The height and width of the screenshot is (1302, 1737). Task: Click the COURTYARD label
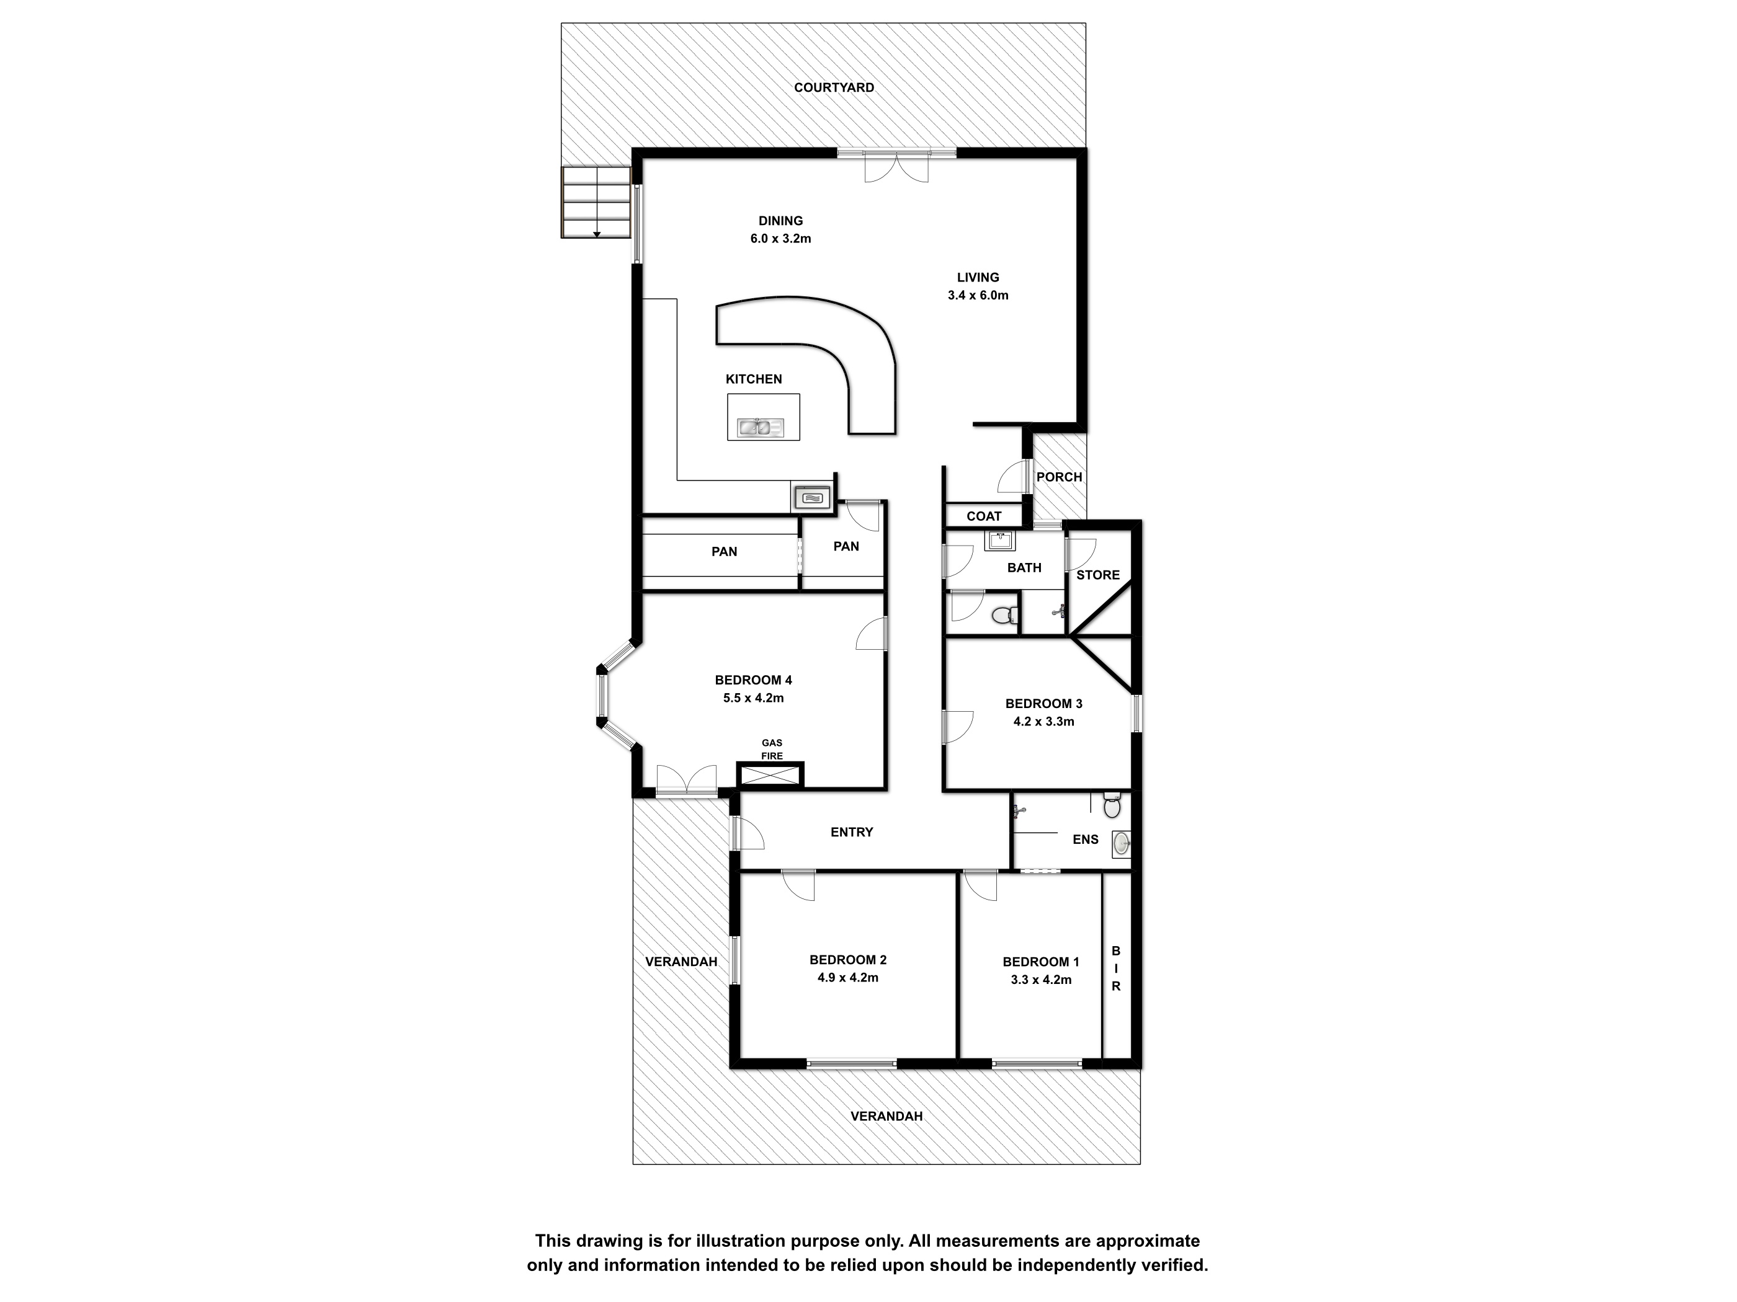[x=833, y=88]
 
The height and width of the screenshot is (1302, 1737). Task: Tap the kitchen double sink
[x=760, y=428]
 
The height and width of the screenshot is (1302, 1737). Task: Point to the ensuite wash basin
[x=1122, y=844]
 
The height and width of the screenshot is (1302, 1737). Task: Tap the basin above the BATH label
[x=999, y=540]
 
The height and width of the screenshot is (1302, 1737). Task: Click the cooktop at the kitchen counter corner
[x=811, y=497]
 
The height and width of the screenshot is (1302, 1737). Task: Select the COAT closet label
[x=984, y=516]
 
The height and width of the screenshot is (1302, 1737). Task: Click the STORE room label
[x=1098, y=575]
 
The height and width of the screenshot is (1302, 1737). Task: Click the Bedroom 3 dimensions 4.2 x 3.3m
[x=1043, y=721]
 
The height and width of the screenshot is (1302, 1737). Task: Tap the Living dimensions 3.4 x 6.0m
[x=978, y=295]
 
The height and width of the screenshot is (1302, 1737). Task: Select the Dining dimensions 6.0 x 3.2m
[x=780, y=239]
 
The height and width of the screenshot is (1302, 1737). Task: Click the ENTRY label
[x=852, y=832]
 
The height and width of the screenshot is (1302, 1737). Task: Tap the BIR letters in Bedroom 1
[x=1116, y=968]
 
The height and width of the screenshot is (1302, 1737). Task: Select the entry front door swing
[x=748, y=833]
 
